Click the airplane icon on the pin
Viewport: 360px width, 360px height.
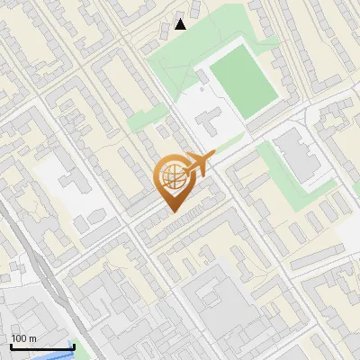[x=197, y=165]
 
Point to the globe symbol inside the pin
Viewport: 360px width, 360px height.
[x=171, y=177]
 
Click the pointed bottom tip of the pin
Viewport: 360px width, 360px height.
[x=171, y=211]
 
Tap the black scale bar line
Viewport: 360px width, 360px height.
[x=41, y=346]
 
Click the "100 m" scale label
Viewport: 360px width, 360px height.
[x=24, y=338]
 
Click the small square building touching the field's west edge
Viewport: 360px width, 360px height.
[x=206, y=77]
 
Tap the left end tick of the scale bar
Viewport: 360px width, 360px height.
[x=11, y=345]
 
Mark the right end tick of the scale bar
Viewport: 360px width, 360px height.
[x=73, y=345]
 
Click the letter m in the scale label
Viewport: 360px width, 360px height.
[x=32, y=338]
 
